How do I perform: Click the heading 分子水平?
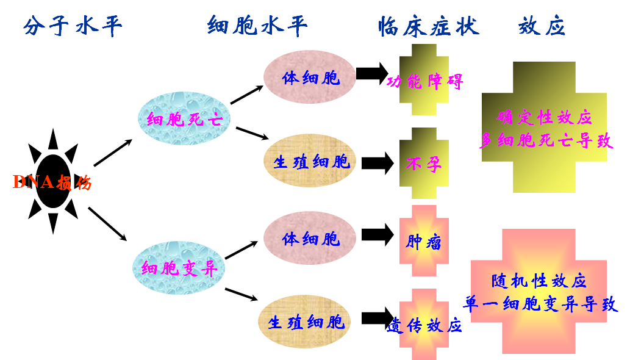[73, 26]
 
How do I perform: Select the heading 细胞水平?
[257, 26]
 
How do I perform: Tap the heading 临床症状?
[428, 26]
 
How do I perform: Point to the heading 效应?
[542, 26]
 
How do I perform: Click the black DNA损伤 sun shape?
[52, 182]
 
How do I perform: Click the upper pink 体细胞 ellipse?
[310, 77]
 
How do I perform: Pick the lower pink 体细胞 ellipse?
[310, 238]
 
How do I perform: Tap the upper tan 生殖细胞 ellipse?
[311, 162]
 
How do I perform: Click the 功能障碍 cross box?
[424, 81]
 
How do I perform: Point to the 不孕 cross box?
[424, 164]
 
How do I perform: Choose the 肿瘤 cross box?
[424, 242]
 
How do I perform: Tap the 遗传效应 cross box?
[424, 324]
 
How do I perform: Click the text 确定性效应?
[545, 117]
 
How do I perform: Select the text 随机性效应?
[539, 281]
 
